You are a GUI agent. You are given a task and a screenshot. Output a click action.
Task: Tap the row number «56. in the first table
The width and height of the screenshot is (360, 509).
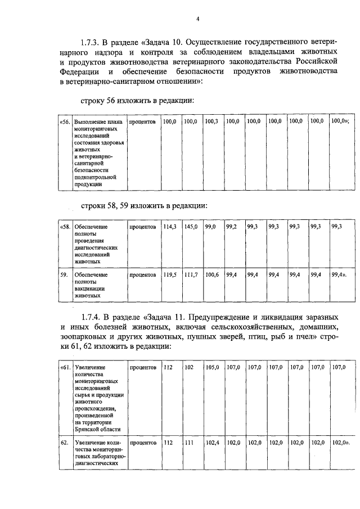pos(65,121)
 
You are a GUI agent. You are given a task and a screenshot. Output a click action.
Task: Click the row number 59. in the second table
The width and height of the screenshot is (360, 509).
pos(64,274)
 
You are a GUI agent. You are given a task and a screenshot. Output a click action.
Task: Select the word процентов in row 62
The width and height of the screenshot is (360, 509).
pos(142,443)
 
